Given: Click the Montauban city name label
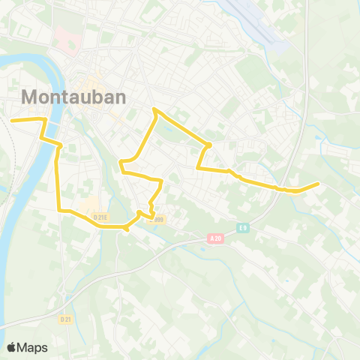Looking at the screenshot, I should [x=73, y=97].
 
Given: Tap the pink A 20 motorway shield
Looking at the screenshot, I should [x=216, y=238].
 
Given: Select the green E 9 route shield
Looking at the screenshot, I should [x=243, y=227].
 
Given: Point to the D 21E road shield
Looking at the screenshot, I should [x=101, y=217].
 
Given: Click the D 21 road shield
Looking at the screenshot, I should [x=64, y=318].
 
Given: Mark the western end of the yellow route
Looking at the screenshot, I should [x=10, y=118].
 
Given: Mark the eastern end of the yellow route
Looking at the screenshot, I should [x=319, y=183].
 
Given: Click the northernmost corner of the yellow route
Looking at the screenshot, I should [x=154, y=110].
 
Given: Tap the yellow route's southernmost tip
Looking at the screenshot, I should [x=127, y=229].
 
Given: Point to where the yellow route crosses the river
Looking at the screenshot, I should [x=47, y=122].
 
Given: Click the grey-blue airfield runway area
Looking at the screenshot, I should [x=259, y=22].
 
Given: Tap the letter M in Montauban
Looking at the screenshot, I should [x=31, y=97].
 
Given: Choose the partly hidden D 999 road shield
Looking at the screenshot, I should [x=156, y=220].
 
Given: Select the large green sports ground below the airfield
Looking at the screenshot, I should [x=255, y=71].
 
